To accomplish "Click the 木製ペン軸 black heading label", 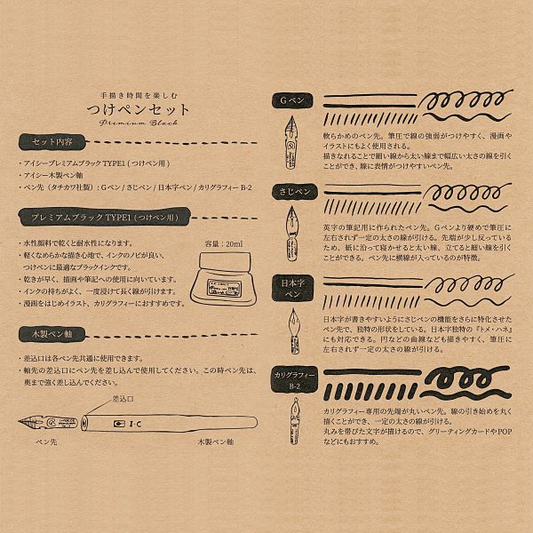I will tap(52, 333).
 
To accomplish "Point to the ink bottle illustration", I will tap(218, 276).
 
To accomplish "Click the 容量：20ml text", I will tap(222, 243).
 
